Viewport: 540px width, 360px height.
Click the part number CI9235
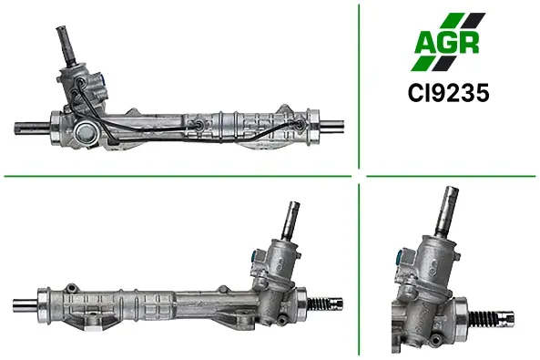448,93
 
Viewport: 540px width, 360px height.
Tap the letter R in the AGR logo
468,43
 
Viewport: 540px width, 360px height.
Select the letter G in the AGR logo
447,43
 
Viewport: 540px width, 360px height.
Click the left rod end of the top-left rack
32,128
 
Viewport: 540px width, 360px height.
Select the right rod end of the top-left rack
331,125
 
